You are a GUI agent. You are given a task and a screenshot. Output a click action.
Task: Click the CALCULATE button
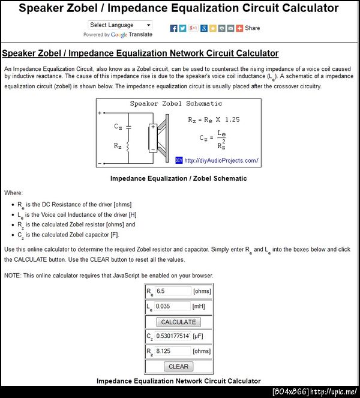coord(178,322)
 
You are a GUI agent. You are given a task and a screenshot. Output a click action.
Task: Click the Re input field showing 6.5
coord(173,291)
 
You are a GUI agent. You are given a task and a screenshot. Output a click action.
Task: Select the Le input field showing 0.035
coord(173,306)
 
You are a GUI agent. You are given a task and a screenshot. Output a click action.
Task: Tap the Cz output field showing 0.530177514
coord(173,336)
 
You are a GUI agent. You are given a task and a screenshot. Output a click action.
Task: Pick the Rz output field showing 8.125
coord(173,351)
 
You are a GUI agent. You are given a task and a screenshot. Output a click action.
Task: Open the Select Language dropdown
coord(120,25)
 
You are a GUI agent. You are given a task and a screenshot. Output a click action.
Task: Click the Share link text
coord(253,28)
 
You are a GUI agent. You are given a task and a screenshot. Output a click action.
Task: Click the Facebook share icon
coord(174,28)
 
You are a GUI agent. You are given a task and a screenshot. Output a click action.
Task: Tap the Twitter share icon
coord(183,28)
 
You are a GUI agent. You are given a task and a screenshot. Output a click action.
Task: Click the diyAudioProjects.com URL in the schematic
coord(221,160)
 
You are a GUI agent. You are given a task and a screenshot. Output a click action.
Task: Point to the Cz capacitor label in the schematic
coord(118,127)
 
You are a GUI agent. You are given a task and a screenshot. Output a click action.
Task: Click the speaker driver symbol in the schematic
coord(157,137)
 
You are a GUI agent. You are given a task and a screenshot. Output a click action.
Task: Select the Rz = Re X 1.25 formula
coord(214,119)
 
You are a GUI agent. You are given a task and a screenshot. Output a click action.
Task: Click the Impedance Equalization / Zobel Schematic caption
coord(179,178)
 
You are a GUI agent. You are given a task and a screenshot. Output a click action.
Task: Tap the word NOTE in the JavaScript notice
coord(13,276)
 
